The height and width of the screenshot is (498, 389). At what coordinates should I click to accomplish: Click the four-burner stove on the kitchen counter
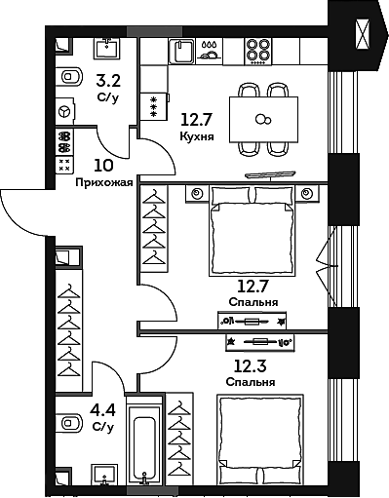[x=257, y=50]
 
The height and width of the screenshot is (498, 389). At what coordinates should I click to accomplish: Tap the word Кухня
[x=198, y=137]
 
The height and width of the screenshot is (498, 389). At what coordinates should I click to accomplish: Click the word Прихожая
[x=102, y=182]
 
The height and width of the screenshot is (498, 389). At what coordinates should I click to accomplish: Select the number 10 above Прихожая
[x=102, y=166]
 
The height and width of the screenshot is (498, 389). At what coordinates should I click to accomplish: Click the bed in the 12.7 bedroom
[x=252, y=232]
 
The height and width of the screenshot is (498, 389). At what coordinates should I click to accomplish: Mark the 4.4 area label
[x=102, y=410]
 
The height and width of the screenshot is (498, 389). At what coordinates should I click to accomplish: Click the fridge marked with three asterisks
[x=153, y=105]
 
